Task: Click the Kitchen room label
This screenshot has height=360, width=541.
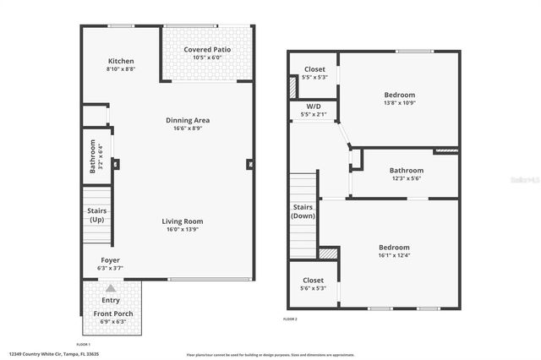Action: pyautogui.click(x=121, y=62)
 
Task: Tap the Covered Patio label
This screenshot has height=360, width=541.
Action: pyautogui.click(x=207, y=50)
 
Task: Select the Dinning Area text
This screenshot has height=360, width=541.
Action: pyautogui.click(x=188, y=120)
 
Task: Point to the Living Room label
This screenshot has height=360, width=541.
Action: pyautogui.click(x=183, y=221)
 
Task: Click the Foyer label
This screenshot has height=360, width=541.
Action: pyautogui.click(x=111, y=261)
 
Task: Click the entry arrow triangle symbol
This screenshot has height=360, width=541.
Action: pyautogui.click(x=110, y=288)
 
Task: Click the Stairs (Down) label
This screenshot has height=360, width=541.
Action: pyautogui.click(x=303, y=211)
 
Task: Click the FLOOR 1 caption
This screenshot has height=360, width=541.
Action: pyautogui.click(x=84, y=345)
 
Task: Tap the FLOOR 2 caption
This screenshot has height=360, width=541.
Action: pyautogui.click(x=291, y=319)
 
